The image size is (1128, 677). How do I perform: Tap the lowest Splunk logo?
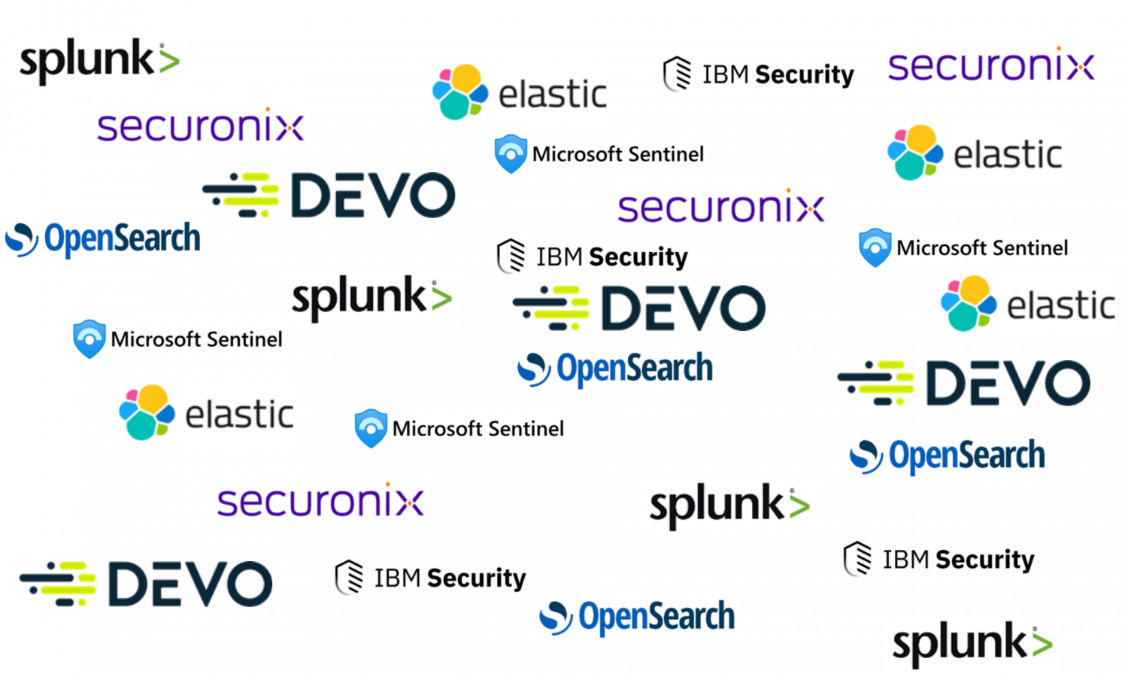point(972,645)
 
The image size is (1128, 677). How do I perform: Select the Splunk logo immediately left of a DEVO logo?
point(371,299)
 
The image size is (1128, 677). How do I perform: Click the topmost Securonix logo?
point(992,62)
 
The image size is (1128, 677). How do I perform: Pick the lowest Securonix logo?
point(321,497)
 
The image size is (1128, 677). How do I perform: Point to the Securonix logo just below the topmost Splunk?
point(202,123)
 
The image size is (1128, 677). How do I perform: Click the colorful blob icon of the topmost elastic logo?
point(459,92)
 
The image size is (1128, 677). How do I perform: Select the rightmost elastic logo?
point(1026,304)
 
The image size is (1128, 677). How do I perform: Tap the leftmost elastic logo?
point(205,412)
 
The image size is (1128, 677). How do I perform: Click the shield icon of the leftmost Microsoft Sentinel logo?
point(90,338)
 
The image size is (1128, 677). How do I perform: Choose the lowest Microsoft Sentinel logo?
point(459,427)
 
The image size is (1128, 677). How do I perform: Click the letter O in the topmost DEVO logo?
point(427,196)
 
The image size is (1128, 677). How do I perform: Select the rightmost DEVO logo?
point(964,383)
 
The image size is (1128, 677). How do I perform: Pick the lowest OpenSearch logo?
point(636,618)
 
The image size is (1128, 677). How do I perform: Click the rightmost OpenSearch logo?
point(947,457)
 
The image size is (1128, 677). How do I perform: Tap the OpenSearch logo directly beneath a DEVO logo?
point(614,370)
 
